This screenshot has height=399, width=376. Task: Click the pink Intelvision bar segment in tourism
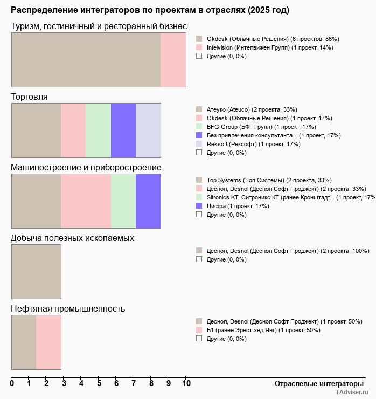tap(173, 59)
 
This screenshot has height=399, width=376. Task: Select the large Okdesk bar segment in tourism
tap(86, 59)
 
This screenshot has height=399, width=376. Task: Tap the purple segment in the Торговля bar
tap(123, 130)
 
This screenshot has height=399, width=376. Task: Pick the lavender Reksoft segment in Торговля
tap(148, 130)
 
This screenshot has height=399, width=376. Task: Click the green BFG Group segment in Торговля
tap(99, 130)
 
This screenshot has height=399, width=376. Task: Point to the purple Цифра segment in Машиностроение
tap(148, 201)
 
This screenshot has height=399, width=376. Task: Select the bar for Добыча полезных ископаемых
tap(36, 271)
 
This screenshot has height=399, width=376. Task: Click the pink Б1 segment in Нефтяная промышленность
tap(48, 342)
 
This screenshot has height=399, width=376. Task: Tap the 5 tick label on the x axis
tap(99, 384)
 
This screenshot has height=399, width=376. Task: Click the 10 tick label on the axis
tap(186, 384)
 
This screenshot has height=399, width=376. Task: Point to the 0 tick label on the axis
tap(12, 384)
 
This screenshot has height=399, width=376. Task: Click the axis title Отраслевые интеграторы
tap(315, 383)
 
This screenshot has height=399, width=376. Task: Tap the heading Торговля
tap(29, 97)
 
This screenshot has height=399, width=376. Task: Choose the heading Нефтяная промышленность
tap(68, 309)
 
